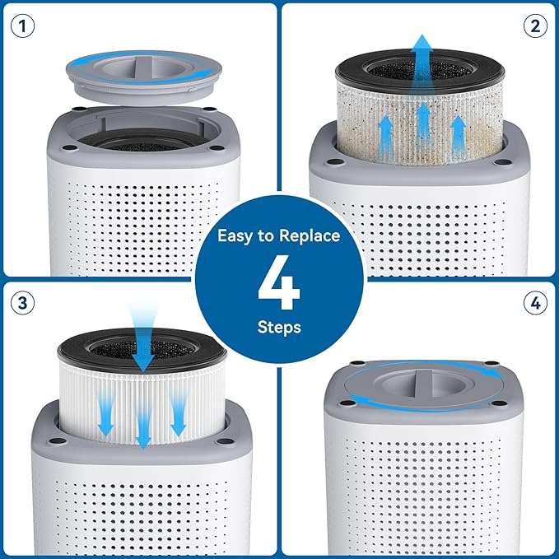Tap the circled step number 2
tap(535, 26)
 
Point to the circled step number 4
tap(535, 303)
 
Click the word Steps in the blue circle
tap(279, 327)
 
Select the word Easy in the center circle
tap(235, 236)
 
